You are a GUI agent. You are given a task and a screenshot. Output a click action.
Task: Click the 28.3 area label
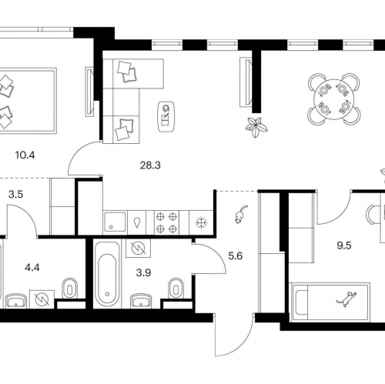150,165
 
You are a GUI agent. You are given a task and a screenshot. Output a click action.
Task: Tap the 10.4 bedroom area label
25,155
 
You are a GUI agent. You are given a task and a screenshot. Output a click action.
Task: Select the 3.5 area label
15,195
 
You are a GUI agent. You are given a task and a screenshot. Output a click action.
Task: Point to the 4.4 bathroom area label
32,268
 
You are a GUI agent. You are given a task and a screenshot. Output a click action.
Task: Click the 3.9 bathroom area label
143,273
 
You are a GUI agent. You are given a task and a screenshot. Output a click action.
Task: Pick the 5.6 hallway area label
236,256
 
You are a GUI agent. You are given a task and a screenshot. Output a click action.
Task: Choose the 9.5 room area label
344,245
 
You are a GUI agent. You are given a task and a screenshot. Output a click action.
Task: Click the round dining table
334,99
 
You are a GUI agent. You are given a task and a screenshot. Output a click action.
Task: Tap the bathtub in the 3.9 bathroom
107,274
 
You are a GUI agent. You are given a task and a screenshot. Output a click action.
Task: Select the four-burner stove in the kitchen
166,222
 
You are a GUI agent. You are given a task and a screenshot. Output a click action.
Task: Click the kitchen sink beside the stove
115,222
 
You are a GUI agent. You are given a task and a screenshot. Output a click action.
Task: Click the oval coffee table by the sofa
166,117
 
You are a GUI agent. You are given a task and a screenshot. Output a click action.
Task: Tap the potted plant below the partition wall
256,127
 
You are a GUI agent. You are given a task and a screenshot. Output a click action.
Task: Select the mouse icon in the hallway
241,214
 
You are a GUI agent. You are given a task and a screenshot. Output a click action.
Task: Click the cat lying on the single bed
346,299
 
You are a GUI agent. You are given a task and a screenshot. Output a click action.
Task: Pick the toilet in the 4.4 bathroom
70,289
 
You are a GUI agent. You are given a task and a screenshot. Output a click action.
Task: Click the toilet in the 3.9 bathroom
176,289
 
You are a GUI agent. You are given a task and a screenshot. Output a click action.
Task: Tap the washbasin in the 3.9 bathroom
142,301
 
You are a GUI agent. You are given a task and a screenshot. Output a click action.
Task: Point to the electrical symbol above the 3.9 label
138,248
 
